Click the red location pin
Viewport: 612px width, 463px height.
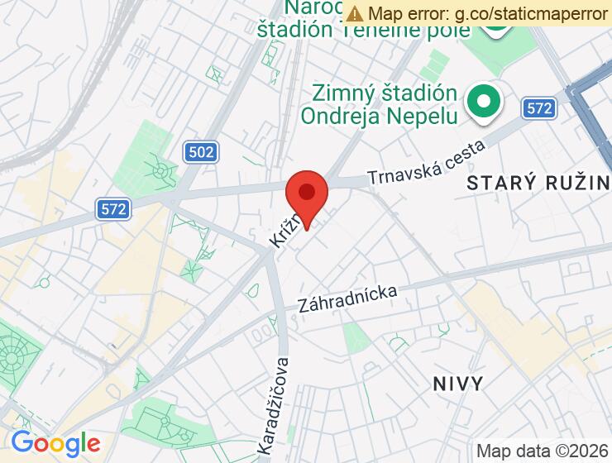coord(307,195)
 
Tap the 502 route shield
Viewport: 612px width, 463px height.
coord(200,151)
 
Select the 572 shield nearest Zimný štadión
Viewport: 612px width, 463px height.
coord(538,107)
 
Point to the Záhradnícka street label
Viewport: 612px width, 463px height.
coord(347,299)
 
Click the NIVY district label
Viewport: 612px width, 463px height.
coord(458,383)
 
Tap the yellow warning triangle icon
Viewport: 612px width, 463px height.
coord(355,13)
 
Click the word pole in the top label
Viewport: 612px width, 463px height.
coord(450,30)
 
